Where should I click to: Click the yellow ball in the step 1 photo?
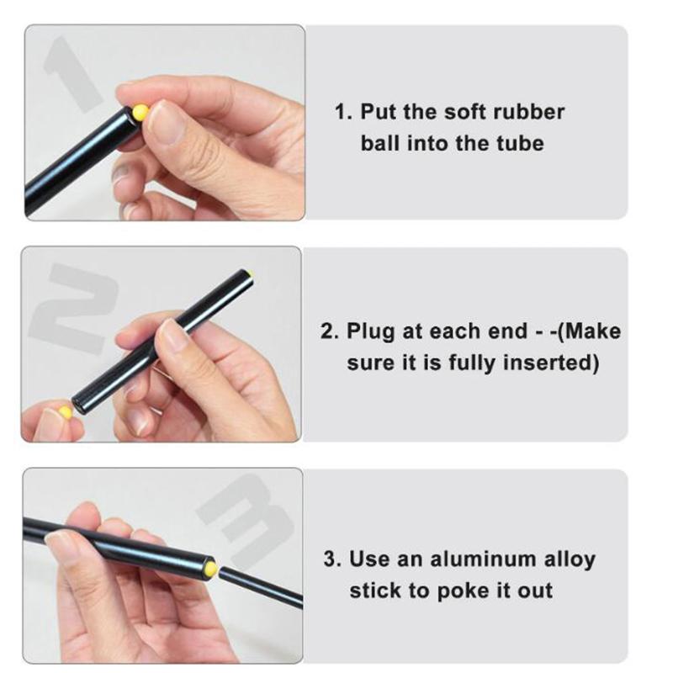click(x=140, y=113)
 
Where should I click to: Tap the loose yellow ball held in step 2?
click(x=65, y=412)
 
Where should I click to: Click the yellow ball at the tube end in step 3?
click(x=210, y=570)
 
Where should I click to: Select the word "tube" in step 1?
click(x=523, y=143)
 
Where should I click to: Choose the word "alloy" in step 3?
click(x=570, y=559)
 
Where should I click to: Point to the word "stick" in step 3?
click(x=375, y=590)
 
